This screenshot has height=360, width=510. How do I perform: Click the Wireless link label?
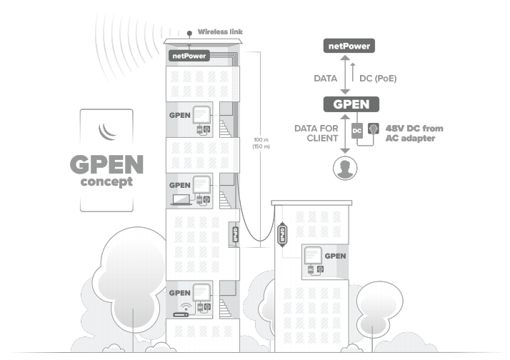pos(219,31)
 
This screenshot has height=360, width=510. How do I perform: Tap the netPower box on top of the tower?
pos(188,55)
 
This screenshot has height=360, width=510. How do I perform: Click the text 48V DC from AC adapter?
pos(414,132)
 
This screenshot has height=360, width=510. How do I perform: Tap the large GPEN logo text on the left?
pos(106,164)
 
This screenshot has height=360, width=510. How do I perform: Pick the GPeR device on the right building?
pos(281,234)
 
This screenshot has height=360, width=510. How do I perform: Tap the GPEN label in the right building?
pos(335,256)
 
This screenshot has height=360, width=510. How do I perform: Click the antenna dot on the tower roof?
pos(189,32)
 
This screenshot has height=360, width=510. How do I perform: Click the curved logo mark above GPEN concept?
pos(106,131)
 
